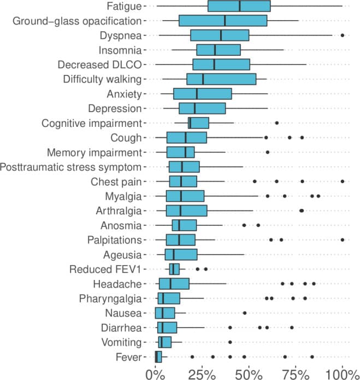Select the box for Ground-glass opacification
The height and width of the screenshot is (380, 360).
[223, 21]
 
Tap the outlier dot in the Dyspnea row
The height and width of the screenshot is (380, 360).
[343, 36]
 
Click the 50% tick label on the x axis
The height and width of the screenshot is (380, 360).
[249, 375]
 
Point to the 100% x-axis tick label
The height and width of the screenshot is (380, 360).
[343, 375]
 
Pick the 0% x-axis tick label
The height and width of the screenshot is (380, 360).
[156, 375]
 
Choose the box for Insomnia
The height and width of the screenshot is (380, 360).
[219, 50]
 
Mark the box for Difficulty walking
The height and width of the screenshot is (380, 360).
[221, 79]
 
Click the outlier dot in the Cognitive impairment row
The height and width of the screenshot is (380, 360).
[277, 123]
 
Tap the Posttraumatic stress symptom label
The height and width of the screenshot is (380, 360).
[72, 167]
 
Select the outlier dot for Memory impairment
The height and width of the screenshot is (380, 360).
[268, 152]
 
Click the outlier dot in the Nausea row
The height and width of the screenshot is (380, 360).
[245, 313]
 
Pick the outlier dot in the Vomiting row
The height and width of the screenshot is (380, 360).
[230, 342]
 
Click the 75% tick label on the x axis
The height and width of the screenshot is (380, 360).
[296, 375]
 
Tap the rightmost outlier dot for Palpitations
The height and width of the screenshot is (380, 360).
[343, 240]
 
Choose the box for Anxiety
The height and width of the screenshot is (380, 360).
[203, 94]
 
